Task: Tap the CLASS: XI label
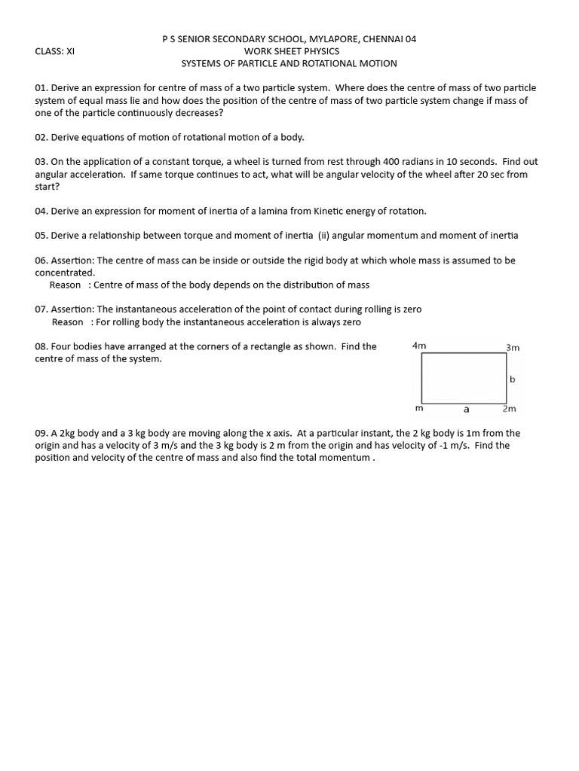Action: point(55,51)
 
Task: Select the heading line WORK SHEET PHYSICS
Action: point(291,51)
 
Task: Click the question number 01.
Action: point(41,88)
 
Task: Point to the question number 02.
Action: point(41,137)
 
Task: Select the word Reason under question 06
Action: point(65,285)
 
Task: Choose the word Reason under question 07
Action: point(67,322)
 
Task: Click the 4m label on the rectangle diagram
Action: point(419,346)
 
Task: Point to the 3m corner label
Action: point(513,348)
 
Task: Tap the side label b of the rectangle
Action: point(513,379)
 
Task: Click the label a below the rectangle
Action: point(466,410)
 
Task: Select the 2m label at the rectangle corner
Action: point(510,409)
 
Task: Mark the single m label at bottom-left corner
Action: point(420,409)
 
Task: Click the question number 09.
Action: point(41,434)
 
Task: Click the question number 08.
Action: point(41,347)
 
